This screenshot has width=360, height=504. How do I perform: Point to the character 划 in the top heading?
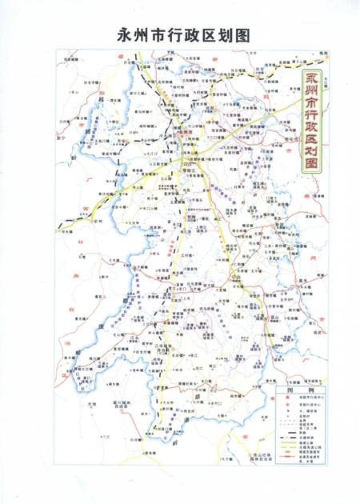[x=222, y=34]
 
